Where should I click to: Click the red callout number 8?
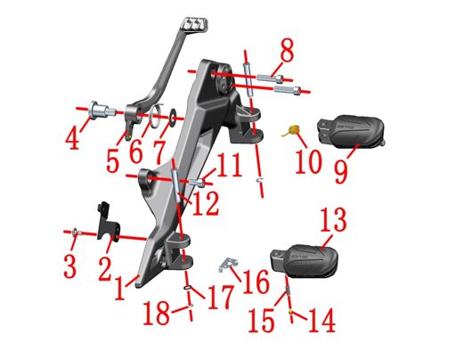(287, 51)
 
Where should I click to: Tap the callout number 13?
(333, 219)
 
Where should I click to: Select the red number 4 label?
(73, 137)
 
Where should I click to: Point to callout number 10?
(309, 160)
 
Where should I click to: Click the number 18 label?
(157, 313)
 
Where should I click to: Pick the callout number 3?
(69, 266)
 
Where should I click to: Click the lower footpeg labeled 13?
(305, 261)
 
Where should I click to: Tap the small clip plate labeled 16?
(228, 264)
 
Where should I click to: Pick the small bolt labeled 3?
(77, 232)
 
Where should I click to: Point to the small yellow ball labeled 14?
(291, 311)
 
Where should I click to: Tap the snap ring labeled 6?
(156, 117)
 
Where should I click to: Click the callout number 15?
(262, 320)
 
